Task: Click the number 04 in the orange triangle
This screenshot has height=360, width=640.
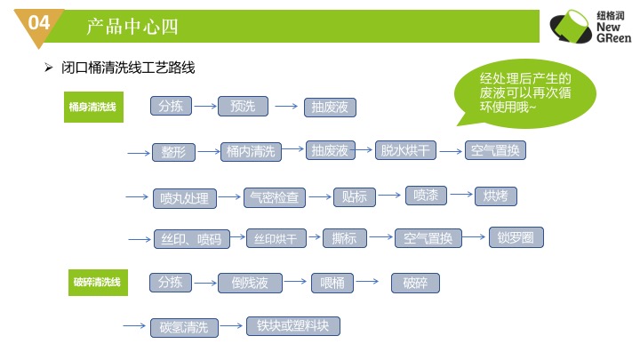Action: [39, 22]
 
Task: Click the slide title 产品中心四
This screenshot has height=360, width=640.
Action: [132, 27]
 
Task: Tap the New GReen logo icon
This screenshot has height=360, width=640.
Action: [571, 27]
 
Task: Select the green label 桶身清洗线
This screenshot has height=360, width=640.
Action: [93, 107]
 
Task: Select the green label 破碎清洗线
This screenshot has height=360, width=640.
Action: [98, 283]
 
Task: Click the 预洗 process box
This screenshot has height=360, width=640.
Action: [243, 107]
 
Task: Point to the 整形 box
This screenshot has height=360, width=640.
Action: [173, 152]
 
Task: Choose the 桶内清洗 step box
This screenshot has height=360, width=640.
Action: [251, 152]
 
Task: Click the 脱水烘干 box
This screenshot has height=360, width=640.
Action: [405, 150]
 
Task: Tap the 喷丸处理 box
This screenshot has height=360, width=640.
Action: [185, 199]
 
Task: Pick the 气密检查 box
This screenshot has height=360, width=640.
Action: [275, 197]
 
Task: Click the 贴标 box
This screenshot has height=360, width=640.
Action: [355, 197]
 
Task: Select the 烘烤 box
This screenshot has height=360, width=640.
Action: [496, 196]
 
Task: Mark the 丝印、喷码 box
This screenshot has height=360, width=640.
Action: [191, 239]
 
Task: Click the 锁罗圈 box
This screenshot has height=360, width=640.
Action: [516, 237]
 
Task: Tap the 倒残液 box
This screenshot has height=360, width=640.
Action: [250, 283]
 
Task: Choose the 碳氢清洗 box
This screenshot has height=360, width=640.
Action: [184, 328]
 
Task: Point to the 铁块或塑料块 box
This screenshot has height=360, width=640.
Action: [292, 326]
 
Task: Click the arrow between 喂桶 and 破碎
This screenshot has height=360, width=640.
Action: [367, 281]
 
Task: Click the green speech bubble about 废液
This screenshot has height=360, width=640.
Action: [525, 93]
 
